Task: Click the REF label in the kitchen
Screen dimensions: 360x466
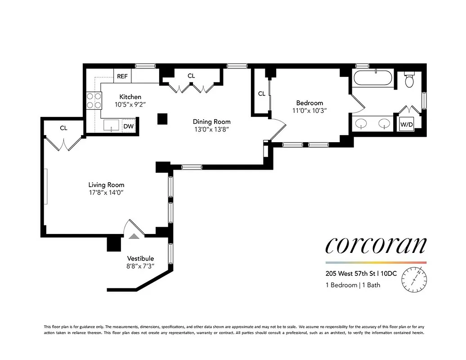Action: click(x=122, y=76)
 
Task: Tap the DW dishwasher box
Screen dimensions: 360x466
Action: click(x=129, y=126)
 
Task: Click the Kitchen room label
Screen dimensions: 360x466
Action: click(x=130, y=97)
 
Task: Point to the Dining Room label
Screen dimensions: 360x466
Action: click(x=211, y=121)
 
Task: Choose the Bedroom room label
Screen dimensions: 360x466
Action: click(x=309, y=103)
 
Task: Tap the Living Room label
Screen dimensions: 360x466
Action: click(x=106, y=184)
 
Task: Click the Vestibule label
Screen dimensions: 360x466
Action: click(x=140, y=258)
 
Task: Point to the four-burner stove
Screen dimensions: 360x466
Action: click(x=93, y=100)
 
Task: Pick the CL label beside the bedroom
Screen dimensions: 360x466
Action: click(x=261, y=94)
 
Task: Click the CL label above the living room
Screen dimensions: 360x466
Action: click(x=63, y=128)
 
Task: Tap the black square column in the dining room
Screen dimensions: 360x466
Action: click(x=162, y=118)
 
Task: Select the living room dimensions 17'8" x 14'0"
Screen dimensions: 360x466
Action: click(x=106, y=192)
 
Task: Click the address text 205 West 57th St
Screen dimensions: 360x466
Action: click(x=351, y=273)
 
